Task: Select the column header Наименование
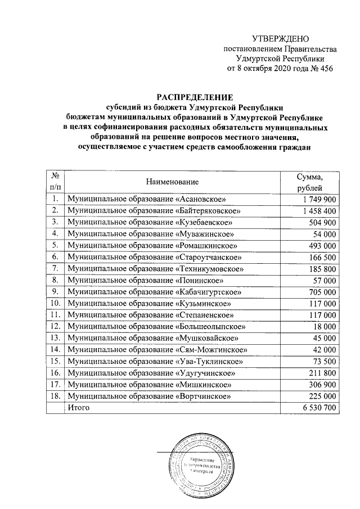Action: click(173, 182)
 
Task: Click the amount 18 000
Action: click(326, 326)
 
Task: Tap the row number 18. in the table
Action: click(55, 395)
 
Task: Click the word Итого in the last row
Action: click(78, 407)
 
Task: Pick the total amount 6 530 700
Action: click(318, 407)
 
